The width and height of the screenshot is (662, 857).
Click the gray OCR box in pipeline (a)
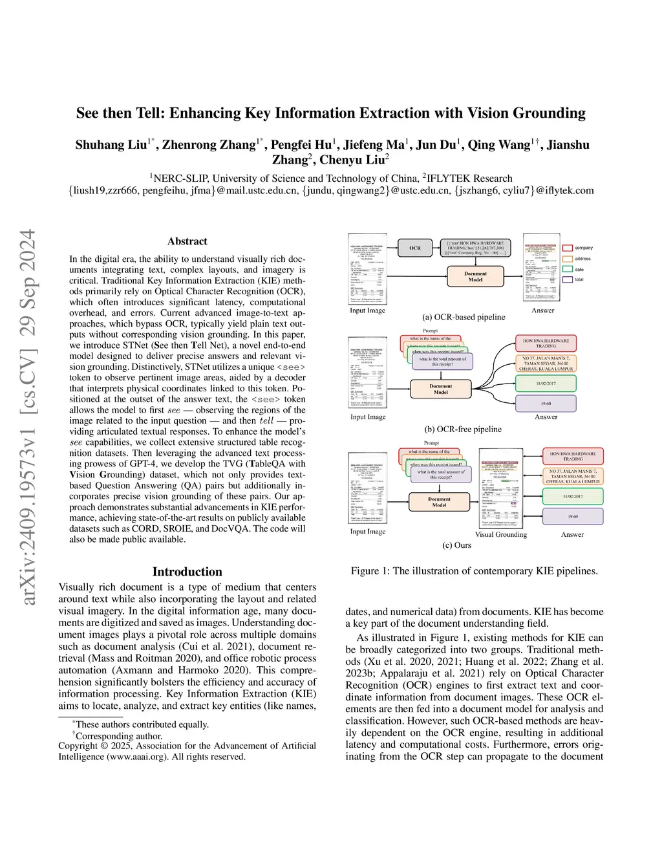tap(415, 248)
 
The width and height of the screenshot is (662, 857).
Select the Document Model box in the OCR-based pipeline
tap(475, 277)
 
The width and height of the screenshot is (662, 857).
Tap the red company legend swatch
tap(568, 248)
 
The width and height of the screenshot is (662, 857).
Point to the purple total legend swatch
tap(568, 279)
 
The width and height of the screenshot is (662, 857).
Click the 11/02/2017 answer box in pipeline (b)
tap(546, 384)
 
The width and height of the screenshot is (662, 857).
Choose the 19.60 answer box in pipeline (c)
tap(573, 516)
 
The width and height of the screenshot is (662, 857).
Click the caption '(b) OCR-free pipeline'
tap(463, 429)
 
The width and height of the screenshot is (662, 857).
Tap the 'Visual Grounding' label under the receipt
tap(501, 534)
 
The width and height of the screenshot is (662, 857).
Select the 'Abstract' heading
tap(187, 241)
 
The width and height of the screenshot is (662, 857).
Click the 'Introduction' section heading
tap(187, 572)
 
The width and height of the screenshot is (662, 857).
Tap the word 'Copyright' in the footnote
tap(78, 746)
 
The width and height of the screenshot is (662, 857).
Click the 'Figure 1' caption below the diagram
tap(474, 570)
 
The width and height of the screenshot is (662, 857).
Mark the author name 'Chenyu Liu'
tap(352, 160)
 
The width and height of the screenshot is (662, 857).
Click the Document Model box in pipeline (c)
tap(439, 502)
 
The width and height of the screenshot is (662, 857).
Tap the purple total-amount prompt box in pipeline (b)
tap(442, 362)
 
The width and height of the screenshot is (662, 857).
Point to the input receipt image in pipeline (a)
tap(367, 270)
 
